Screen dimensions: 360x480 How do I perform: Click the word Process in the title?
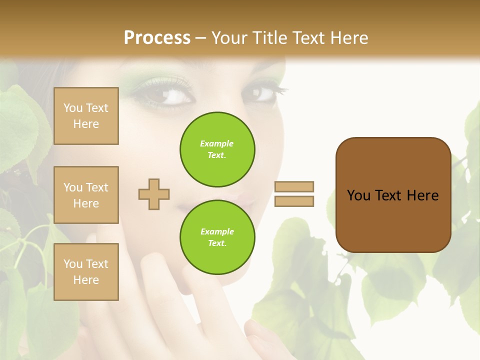coord(157,37)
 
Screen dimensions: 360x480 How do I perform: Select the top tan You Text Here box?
coord(86,116)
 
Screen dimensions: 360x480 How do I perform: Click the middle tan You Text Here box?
coord(86,195)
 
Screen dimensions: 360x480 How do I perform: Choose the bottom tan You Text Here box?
coord(86,271)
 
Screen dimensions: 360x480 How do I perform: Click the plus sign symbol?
coord(154,194)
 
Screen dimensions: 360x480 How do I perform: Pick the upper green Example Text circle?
coord(217,149)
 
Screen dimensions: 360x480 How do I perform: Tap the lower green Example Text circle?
coord(217,237)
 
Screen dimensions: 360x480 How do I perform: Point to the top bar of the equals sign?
coord(294,187)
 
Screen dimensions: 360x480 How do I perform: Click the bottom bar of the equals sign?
coord(294,201)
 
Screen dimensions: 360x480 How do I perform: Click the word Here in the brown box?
coord(422,195)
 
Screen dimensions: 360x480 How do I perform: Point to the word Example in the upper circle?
coord(217,143)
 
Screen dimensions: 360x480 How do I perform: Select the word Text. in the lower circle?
coord(217,243)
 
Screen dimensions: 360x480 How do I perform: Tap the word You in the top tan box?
coord(73,108)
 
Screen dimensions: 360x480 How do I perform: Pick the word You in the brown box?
coord(358,195)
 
